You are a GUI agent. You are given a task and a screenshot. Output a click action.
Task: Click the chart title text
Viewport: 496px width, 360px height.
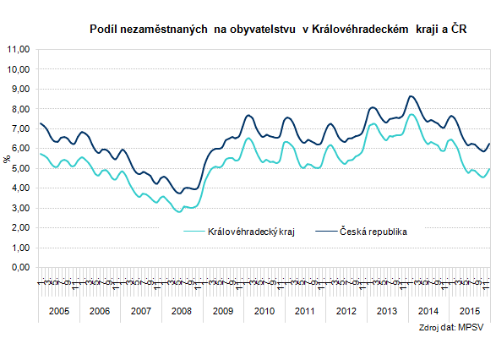[x=278, y=30]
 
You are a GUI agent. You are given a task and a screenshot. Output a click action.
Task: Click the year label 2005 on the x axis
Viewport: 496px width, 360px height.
[x=59, y=312]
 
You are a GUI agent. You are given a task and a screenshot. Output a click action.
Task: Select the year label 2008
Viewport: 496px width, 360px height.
[x=182, y=312]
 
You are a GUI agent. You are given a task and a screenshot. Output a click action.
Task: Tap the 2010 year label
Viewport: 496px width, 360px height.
[x=264, y=312]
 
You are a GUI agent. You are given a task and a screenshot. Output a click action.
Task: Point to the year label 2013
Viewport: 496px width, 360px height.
[x=387, y=312]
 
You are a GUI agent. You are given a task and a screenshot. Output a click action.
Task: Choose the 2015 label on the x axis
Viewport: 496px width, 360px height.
[x=469, y=312]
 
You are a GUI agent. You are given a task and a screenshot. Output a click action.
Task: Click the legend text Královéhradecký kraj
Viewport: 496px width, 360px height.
[x=250, y=230]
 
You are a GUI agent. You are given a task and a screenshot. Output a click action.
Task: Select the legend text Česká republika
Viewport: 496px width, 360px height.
[x=373, y=230]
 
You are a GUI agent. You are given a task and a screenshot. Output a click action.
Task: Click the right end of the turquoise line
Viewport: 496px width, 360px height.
[x=489, y=168]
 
